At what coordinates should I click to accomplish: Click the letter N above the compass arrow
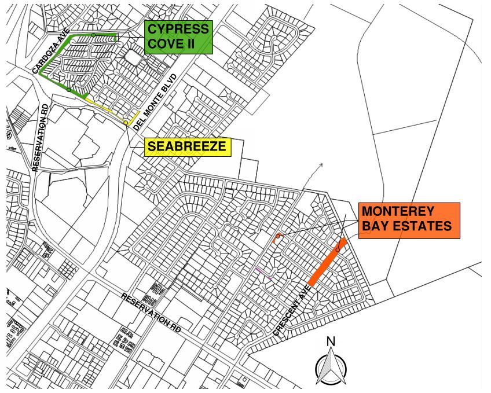(331, 341)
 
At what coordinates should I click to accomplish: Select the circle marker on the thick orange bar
(338, 250)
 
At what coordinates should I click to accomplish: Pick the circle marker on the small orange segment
(279, 236)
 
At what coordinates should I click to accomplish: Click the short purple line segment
(263, 273)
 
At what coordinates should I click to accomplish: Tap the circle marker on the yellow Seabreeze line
(126, 123)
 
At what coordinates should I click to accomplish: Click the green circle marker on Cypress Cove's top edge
(93, 35)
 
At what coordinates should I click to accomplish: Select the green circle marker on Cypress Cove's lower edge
(69, 89)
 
